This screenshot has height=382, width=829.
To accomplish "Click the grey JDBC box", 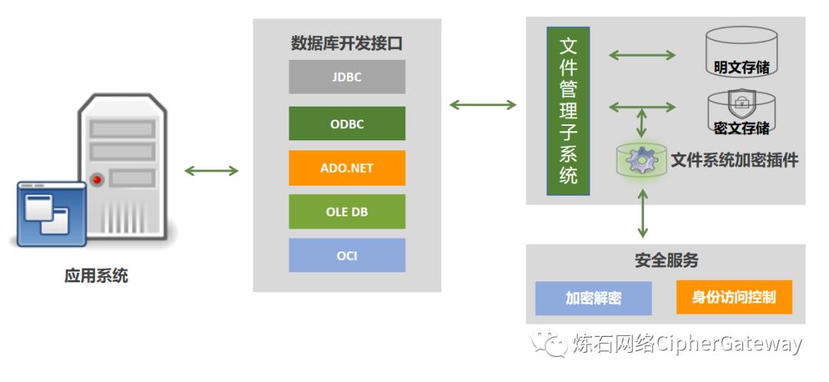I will [x=347, y=77].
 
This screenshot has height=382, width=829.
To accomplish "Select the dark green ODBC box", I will [x=347, y=123].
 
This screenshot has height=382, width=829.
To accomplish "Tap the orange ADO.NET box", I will [x=347, y=168].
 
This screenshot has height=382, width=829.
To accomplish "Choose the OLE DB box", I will [x=347, y=212].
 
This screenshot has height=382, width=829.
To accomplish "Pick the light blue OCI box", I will [x=347, y=255].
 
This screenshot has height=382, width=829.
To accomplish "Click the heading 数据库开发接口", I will [x=347, y=43].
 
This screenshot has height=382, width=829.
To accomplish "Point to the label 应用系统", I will [x=97, y=276].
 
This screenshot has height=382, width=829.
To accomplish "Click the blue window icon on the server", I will [x=51, y=214].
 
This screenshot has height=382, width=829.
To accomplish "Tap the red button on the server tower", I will [x=97, y=179].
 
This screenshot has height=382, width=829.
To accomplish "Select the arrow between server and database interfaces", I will [x=211, y=170].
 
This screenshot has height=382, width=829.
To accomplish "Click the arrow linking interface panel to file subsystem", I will [x=483, y=104].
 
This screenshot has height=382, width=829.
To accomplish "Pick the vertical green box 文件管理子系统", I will [x=568, y=110].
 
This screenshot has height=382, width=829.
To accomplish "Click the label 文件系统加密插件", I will [x=735, y=160].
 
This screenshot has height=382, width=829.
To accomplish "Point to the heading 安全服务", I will [x=666, y=260].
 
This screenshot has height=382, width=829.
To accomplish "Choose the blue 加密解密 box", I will [x=593, y=298].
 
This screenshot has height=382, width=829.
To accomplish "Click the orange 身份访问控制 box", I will [x=734, y=298].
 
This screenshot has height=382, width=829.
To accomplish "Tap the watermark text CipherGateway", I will [x=729, y=344].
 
